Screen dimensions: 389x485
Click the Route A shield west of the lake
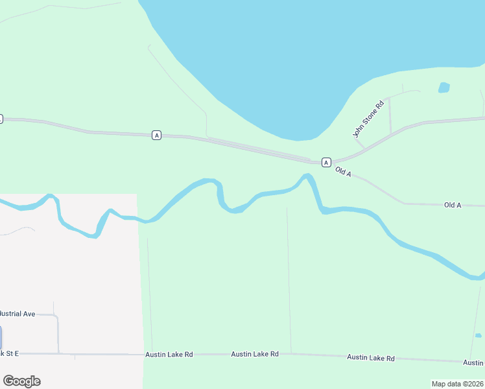(x=156, y=135)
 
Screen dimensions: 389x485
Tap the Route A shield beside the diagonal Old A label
(x=326, y=162)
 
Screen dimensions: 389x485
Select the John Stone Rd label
(x=368, y=118)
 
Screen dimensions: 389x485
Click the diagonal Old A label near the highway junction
(x=344, y=172)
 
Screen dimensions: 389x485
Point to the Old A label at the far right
(x=453, y=205)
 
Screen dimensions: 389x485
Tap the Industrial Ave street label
(x=17, y=314)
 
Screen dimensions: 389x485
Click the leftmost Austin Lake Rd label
(x=169, y=355)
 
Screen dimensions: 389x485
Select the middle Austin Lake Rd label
(x=255, y=354)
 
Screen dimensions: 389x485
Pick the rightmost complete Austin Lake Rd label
(x=370, y=358)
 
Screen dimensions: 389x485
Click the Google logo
(x=21, y=381)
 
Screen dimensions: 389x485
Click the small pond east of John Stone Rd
(x=444, y=88)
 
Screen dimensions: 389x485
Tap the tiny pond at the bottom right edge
(x=478, y=335)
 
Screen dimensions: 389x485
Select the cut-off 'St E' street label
(x=10, y=353)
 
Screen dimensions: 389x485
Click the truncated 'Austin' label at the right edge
(x=474, y=362)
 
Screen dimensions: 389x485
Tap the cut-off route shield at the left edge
(x=1, y=119)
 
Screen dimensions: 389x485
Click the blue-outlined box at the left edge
(x=1, y=338)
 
